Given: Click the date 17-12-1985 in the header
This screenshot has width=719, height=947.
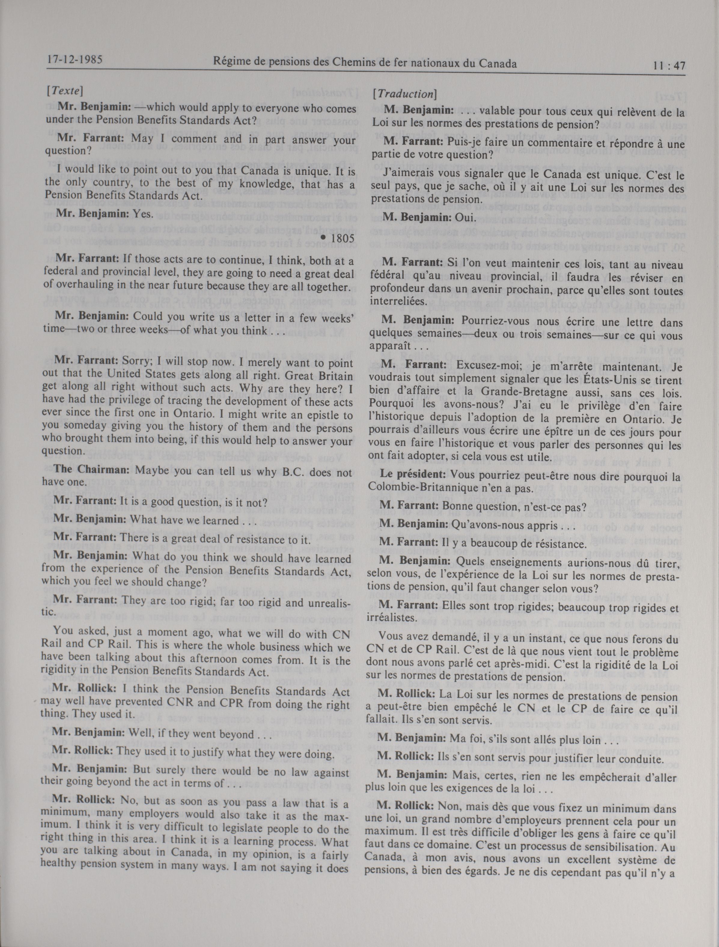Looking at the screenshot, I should [75, 59].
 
